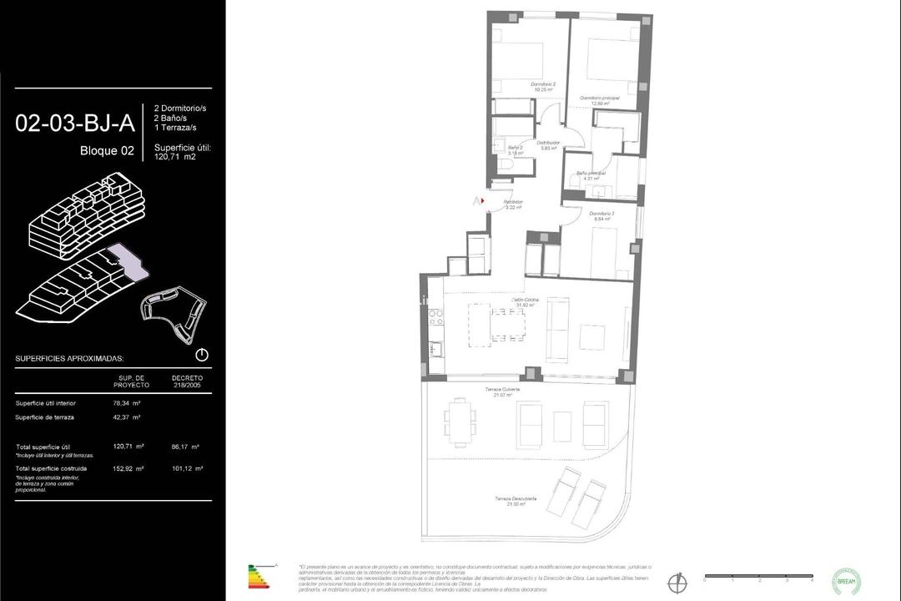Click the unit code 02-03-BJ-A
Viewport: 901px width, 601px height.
click(x=75, y=124)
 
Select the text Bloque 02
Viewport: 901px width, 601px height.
click(x=107, y=151)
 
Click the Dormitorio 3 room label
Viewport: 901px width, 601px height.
click(x=601, y=216)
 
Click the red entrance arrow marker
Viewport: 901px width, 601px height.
click(x=481, y=200)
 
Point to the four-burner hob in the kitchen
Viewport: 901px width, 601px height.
click(x=435, y=317)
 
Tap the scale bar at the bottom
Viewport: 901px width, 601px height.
click(x=758, y=576)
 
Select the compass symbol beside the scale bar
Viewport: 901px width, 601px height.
click(x=677, y=581)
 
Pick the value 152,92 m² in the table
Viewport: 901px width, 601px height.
click(x=128, y=468)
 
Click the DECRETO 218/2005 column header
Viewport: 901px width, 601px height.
click(x=187, y=381)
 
